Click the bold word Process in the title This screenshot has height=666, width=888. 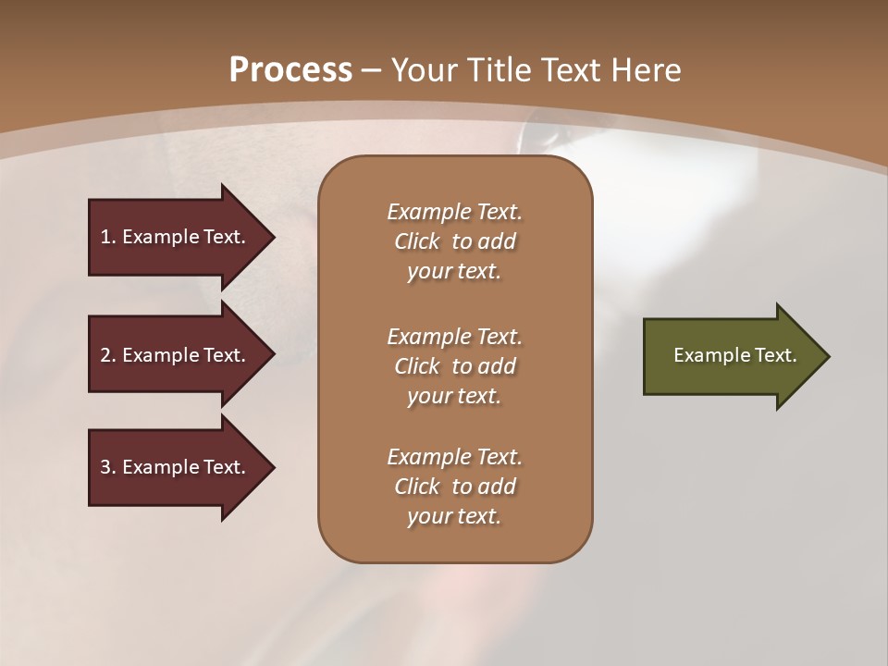290,70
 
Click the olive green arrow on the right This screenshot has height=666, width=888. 731,356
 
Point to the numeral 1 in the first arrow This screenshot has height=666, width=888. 105,237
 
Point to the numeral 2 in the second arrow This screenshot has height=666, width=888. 105,355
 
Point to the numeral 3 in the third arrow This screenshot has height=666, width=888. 105,467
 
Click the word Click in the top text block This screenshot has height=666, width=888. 417,241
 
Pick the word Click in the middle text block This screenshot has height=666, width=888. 417,366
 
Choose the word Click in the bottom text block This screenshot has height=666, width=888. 417,487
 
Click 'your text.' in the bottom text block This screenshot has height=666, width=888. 454,517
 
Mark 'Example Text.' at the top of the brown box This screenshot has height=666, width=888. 454,212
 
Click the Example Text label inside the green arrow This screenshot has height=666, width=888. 735,355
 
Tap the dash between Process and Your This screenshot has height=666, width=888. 372,70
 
